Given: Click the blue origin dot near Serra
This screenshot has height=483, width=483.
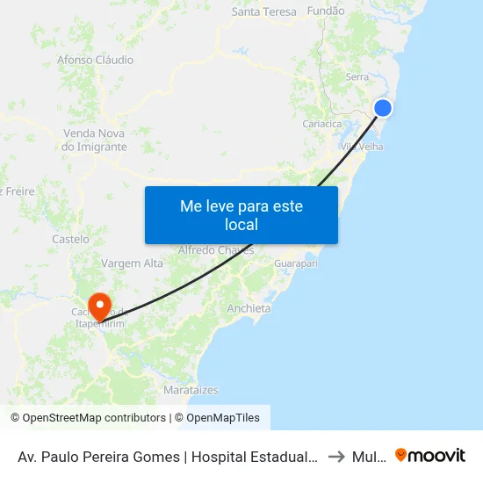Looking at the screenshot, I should tap(383, 108).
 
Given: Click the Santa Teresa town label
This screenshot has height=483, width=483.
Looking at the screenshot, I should tap(263, 12).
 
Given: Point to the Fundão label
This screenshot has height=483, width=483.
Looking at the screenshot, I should tap(326, 12).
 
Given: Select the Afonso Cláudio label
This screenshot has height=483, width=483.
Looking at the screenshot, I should tap(95, 61).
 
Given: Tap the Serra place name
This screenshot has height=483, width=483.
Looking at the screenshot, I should tap(357, 77).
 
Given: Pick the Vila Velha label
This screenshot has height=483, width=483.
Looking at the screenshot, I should tap(362, 147).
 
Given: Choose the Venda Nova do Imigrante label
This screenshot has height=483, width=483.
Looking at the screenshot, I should tap(95, 141).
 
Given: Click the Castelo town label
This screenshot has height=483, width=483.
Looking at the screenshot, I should tap(70, 239).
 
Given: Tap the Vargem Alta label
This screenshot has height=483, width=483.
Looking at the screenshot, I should tap(133, 263).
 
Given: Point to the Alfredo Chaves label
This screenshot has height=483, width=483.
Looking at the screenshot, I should tap(216, 250).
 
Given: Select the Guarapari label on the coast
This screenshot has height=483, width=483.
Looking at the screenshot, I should tap(295, 263).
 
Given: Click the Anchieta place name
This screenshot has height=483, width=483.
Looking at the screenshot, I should tap(249, 309).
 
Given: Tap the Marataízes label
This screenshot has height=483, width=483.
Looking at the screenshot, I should tap(191, 389).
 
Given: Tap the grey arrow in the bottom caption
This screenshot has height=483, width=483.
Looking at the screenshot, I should tap(335, 457).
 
